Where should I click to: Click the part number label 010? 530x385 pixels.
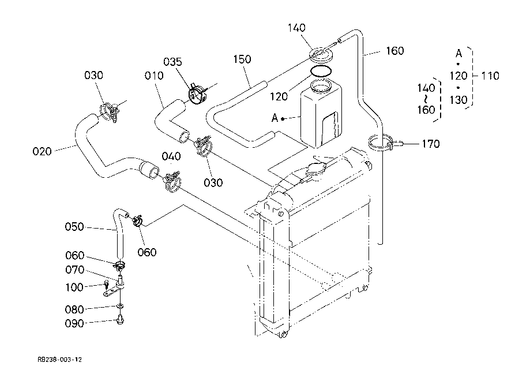[x=154, y=76]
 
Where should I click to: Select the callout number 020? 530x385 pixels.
[x=42, y=151]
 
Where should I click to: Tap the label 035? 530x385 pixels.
[x=172, y=62]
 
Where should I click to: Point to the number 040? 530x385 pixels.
[x=171, y=156]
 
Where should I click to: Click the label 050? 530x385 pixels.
[x=74, y=227]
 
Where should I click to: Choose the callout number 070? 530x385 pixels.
[x=75, y=270]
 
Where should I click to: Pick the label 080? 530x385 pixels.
[x=74, y=309]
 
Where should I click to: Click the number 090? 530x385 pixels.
[x=74, y=323]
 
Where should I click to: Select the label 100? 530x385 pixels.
[x=74, y=287]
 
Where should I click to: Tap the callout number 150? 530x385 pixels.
[x=242, y=59]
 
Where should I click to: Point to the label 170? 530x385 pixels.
[x=431, y=144]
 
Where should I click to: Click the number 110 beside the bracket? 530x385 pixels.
[x=490, y=76]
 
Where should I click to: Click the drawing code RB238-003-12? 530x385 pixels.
[x=60, y=359]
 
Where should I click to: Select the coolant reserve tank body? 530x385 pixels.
[x=321, y=115]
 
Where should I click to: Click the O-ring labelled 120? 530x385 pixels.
[x=321, y=72]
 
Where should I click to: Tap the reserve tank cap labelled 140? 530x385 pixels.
[x=321, y=54]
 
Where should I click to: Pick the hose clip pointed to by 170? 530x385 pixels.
[x=382, y=143]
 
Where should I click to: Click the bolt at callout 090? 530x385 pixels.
[x=119, y=320]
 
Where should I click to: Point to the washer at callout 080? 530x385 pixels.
[x=119, y=306]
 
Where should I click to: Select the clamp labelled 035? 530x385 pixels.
[x=198, y=94]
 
